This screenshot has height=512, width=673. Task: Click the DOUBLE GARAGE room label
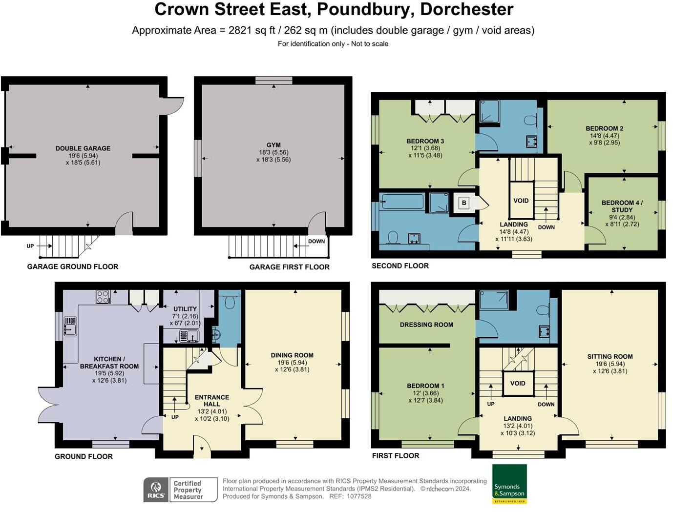(x=83, y=148)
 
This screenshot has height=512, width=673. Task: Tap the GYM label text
(x=273, y=145)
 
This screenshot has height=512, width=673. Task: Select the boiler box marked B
(x=464, y=203)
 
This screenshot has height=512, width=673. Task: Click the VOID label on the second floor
(x=521, y=201)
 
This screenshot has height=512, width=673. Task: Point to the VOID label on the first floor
(x=518, y=383)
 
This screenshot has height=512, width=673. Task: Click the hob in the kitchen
(x=103, y=297)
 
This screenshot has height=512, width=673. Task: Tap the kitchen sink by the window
(x=70, y=327)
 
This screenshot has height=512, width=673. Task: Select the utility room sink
(x=189, y=336)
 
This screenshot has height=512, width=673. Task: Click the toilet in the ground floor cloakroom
(x=230, y=301)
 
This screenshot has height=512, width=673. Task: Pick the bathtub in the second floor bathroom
(x=402, y=202)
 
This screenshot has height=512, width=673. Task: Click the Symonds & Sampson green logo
(x=509, y=484)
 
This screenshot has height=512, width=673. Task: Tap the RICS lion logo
(x=156, y=490)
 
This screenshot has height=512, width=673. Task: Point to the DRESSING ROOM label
(x=426, y=325)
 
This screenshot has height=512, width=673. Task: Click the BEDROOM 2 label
(x=604, y=128)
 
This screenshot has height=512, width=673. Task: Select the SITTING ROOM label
(x=610, y=357)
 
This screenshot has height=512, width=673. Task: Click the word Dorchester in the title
(x=466, y=9)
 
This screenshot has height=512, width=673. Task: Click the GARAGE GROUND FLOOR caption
(x=73, y=266)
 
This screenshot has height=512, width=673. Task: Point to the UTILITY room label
(x=185, y=309)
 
